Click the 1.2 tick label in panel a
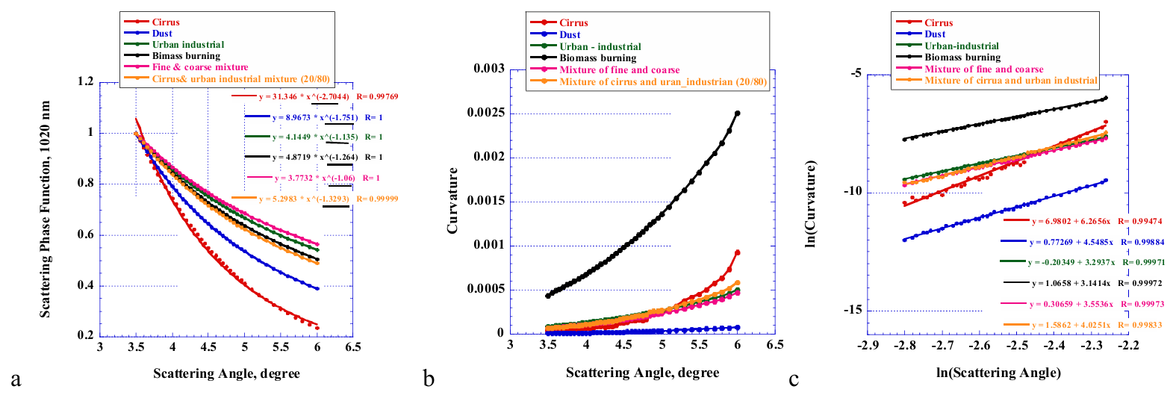point(86,81)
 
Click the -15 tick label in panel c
point(852,310)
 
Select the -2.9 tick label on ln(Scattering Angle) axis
point(868,346)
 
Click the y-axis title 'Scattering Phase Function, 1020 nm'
point(46,210)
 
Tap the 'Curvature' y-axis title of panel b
point(452,201)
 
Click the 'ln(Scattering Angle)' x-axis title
point(998,373)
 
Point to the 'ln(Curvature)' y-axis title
point(811,205)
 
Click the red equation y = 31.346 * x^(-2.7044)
point(304,96)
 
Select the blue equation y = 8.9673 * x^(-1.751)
point(315,118)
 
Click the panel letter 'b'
point(429,379)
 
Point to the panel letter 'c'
point(794,379)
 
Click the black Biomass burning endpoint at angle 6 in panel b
point(738,113)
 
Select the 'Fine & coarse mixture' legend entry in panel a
point(200,67)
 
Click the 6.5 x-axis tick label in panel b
point(775,345)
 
